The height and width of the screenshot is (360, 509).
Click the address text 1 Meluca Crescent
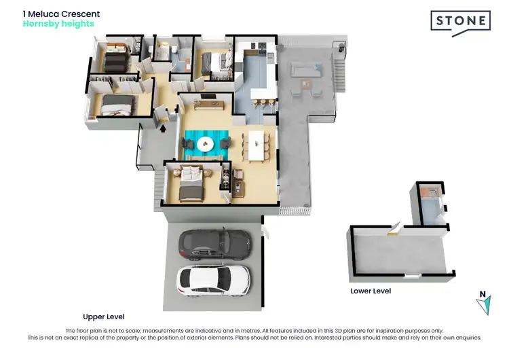coord(61,14)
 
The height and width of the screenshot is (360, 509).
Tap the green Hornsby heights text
coord(58,24)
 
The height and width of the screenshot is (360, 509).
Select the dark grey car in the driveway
coord(213,243)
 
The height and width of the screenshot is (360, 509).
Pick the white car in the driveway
coord(213,278)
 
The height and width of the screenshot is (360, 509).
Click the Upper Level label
coord(103,317)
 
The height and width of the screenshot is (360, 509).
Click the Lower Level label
coord(371,291)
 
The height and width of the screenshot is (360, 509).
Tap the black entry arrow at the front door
coord(162,128)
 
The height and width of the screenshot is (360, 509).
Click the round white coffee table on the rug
coord(206,144)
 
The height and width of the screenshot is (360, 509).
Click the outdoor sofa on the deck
coord(305,69)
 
